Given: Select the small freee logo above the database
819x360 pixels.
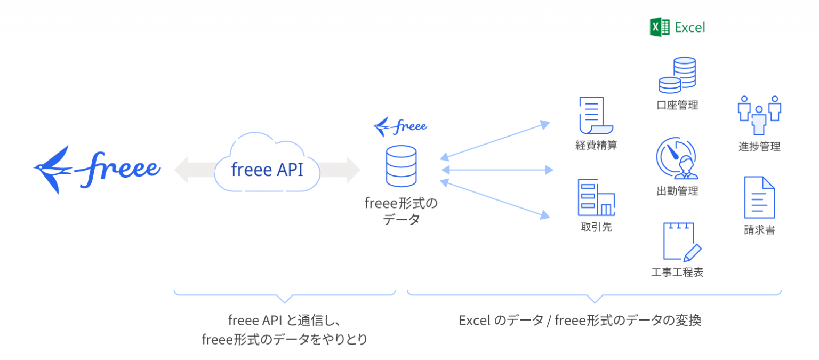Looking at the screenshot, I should click(400, 127).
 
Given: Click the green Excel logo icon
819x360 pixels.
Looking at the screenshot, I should click(659, 27).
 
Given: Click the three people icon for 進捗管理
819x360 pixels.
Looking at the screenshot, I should click(759, 115).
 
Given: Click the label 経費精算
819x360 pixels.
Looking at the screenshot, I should click(596, 145).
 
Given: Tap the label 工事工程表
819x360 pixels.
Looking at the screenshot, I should click(677, 273).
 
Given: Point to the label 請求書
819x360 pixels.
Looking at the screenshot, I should click(759, 230).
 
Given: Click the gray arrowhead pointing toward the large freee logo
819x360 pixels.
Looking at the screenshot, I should click(182, 170).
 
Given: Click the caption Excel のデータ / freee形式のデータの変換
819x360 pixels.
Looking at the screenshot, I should click(580, 321).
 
